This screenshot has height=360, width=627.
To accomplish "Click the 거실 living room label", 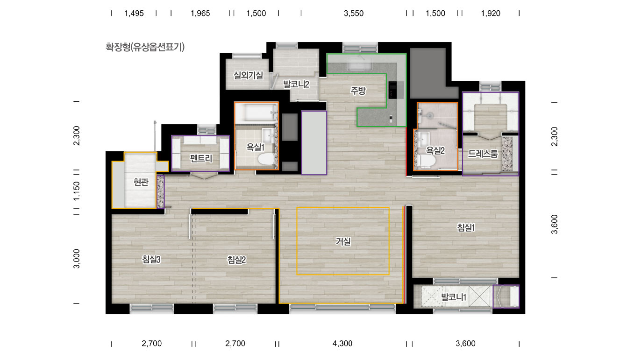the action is click(x=343, y=241).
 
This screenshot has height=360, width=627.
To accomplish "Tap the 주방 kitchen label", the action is click(x=358, y=91).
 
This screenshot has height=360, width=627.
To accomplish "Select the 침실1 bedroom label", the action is click(x=466, y=227).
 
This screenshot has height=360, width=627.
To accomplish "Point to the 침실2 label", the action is click(x=236, y=260).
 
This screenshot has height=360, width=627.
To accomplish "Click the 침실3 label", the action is click(x=151, y=260).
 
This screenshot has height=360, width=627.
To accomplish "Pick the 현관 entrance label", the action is click(x=141, y=183).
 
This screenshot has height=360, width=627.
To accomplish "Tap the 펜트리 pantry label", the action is click(x=201, y=159).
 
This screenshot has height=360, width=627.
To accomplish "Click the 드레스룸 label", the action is click(x=483, y=154).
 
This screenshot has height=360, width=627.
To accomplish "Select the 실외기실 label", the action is click(x=248, y=75).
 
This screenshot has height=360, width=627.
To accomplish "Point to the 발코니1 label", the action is click(x=454, y=297).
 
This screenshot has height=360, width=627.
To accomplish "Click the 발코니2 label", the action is click(x=296, y=84).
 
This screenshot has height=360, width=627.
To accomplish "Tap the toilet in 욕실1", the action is click(x=266, y=159).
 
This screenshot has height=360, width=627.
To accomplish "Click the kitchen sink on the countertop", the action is click(x=360, y=64).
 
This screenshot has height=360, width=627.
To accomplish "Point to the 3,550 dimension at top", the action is click(x=354, y=14).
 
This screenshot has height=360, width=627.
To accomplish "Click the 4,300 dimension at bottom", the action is click(x=342, y=344).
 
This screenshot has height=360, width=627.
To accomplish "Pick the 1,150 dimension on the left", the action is click(x=77, y=191).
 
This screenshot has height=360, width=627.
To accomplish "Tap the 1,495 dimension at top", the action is click(x=134, y=14).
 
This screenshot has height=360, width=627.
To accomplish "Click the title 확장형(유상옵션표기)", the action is click(x=145, y=47).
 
